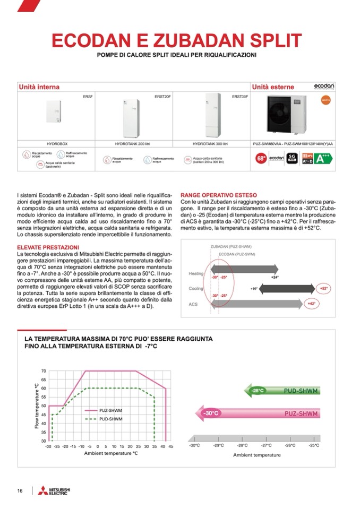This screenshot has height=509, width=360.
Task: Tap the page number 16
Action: pos(19,490)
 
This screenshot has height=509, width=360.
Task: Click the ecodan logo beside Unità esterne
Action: pos(324,87)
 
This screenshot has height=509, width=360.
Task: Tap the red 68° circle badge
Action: pos(261,158)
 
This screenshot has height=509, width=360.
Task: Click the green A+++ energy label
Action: pos(324,158)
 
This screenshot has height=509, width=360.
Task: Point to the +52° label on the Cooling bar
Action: pos(323,288)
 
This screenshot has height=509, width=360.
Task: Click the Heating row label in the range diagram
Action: pos(196,273)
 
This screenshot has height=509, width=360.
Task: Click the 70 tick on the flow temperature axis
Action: pos(44,371)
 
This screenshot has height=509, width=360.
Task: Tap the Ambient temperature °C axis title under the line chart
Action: pos(110,453)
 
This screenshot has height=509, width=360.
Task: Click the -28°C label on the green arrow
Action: pos(258,391)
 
